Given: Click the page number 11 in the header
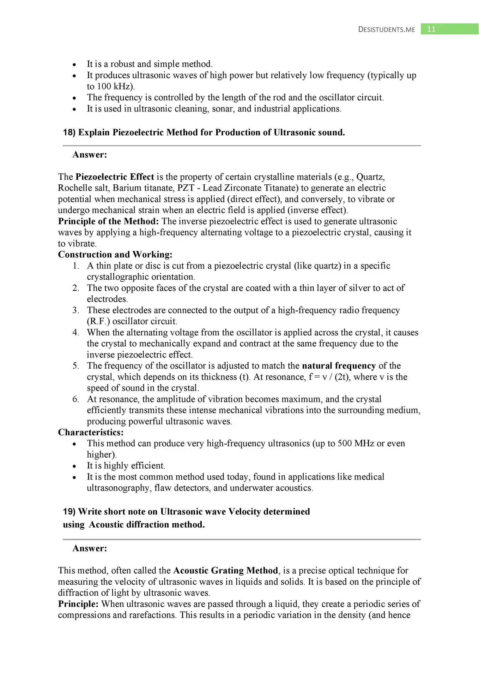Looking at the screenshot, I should (431, 29).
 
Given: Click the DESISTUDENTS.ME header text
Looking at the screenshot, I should (387, 30).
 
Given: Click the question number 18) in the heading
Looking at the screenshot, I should (69, 132).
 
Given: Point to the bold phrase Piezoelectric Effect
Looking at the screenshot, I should (115, 177).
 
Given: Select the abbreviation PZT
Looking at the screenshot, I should (186, 188).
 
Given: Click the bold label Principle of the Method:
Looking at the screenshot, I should (108, 221).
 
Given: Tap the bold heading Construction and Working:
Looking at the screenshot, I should (115, 255).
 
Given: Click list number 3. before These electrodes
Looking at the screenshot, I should (76, 310).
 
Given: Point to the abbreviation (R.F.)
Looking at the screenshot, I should (98, 321).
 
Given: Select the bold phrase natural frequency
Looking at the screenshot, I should (339, 366).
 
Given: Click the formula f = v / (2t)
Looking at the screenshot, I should (329, 377).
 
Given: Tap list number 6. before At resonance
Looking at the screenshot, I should (76, 399).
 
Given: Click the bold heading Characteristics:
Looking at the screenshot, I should (91, 433).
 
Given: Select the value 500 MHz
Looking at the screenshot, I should (356, 444).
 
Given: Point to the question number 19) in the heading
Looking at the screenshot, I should (69, 512).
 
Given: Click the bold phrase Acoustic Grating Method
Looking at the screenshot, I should (226, 571).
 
